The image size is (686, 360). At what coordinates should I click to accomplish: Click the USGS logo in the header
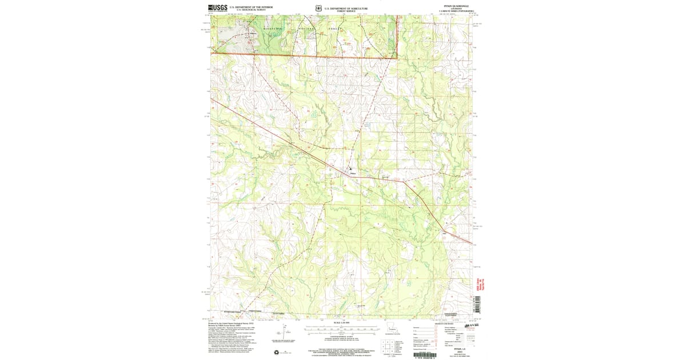coord(218,7)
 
